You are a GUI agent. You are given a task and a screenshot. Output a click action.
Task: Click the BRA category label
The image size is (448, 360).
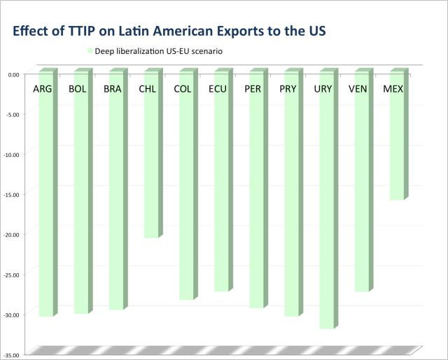coord(113,89)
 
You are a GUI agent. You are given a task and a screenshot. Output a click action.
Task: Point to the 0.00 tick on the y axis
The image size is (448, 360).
coord(13,74)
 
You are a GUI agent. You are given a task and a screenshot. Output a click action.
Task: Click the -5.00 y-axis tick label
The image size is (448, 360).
coord(12,114)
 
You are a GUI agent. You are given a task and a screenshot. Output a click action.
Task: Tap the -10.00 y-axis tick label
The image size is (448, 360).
coord(10,154)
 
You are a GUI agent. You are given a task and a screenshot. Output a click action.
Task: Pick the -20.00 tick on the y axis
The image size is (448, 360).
coord(10,235)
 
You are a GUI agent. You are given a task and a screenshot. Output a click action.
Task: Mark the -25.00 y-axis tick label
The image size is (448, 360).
coord(10,275)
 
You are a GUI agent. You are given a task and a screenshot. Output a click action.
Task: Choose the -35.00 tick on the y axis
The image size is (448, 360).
coord(10,355)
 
